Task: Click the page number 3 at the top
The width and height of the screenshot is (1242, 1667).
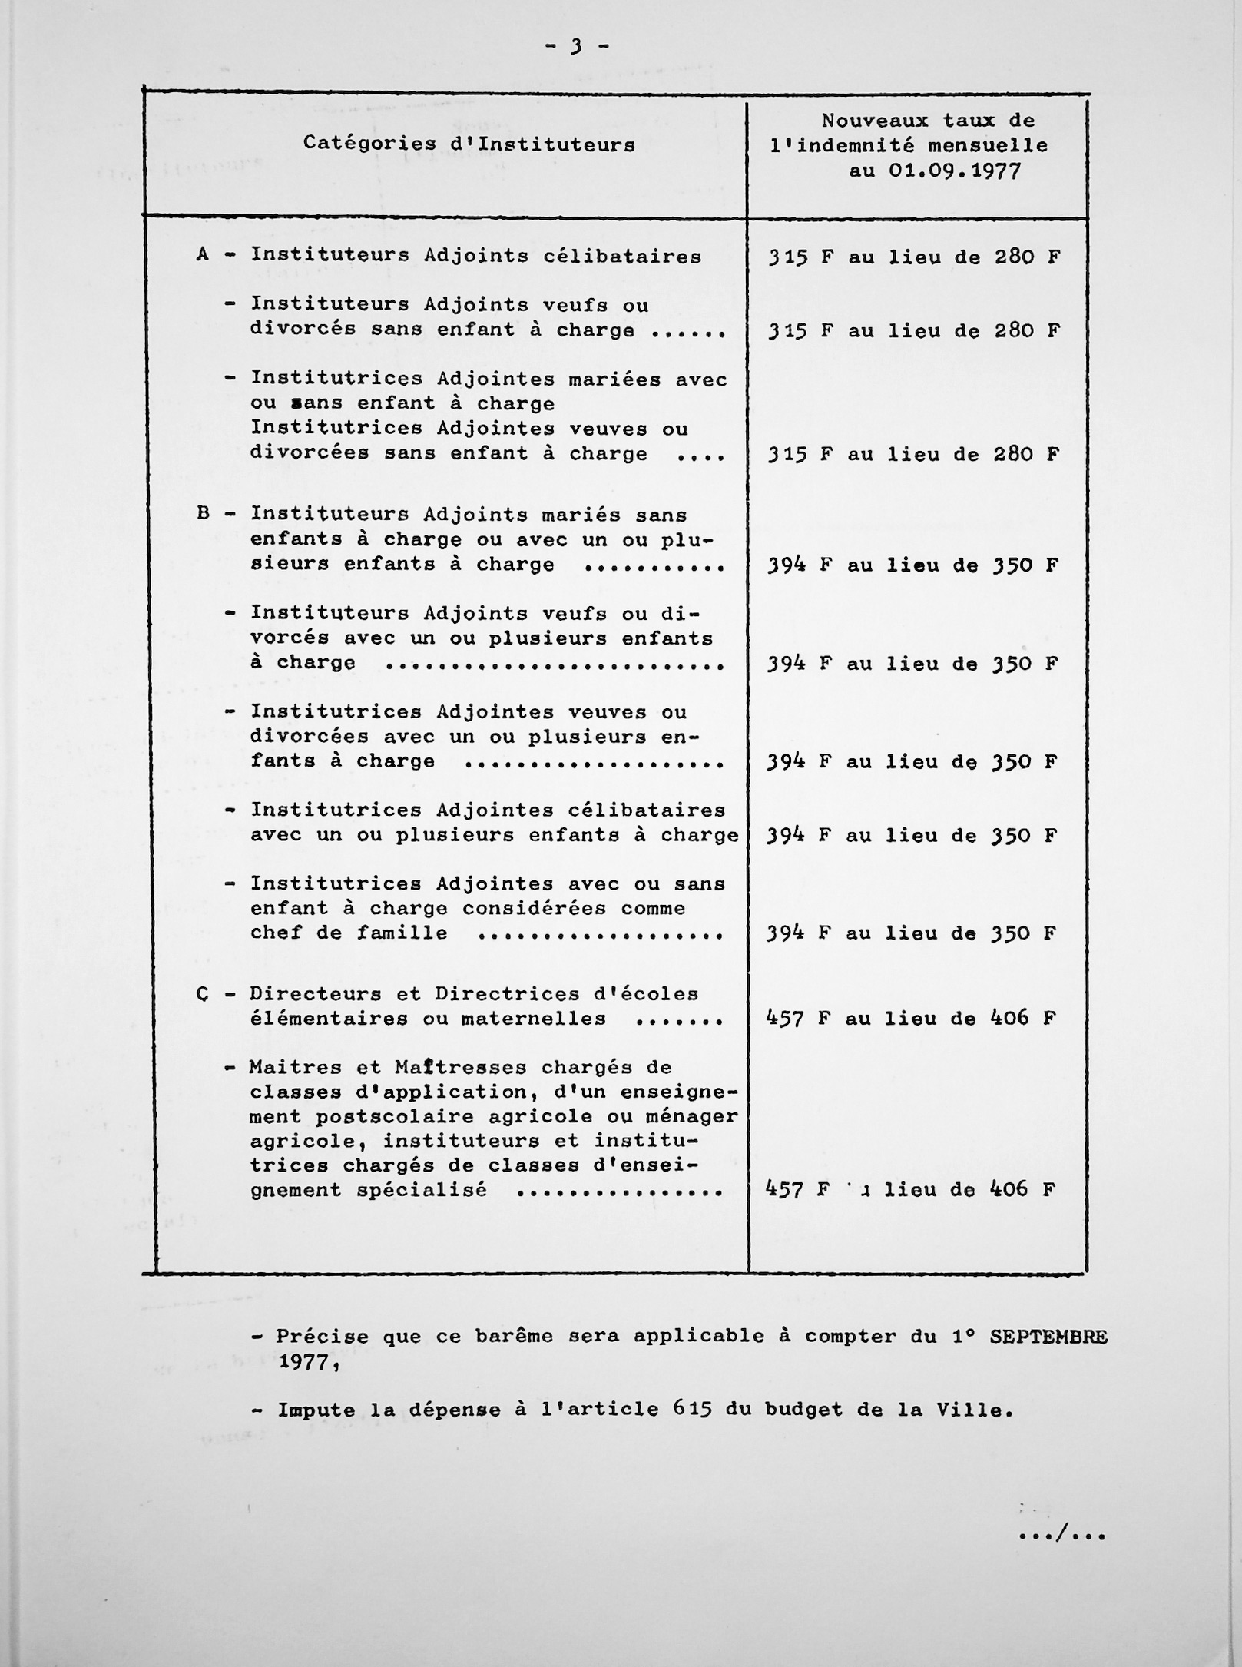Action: (575, 47)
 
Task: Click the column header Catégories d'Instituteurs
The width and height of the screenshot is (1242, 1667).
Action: (469, 144)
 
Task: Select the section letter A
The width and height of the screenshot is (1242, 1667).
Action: (203, 254)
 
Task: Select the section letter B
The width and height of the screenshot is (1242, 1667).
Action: (204, 513)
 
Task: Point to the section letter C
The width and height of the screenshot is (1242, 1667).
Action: (203, 994)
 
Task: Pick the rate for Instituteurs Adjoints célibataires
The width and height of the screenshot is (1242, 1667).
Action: (913, 257)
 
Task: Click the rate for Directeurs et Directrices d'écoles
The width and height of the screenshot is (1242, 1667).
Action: (911, 1019)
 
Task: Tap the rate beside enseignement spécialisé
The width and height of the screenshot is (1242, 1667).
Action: (911, 1190)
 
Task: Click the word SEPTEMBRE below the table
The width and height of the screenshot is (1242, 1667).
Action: (1048, 1337)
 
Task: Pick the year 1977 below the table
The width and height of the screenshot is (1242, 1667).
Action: (303, 1362)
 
